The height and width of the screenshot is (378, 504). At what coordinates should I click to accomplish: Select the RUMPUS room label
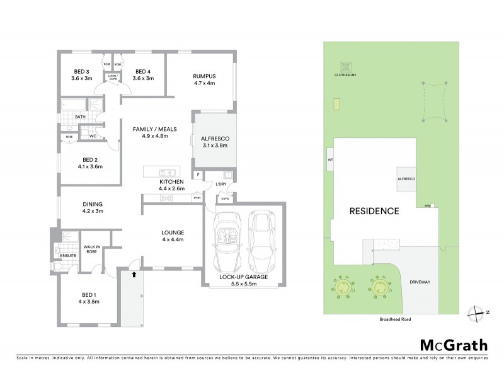click(203, 76)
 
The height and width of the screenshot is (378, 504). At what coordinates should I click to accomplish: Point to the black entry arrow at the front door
click(134, 274)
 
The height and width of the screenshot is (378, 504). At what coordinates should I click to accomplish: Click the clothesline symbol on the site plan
click(345, 66)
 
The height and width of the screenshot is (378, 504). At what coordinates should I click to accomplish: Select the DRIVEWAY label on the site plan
click(419, 282)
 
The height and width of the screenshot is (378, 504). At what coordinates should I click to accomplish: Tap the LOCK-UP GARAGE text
click(244, 277)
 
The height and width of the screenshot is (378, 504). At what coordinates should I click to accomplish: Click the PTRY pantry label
click(197, 198)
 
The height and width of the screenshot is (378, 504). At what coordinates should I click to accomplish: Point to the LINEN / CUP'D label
click(112, 77)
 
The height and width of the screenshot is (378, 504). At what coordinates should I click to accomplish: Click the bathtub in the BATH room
click(72, 105)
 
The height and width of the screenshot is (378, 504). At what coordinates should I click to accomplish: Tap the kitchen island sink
click(168, 173)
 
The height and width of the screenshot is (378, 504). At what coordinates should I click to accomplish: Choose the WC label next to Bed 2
click(93, 136)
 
